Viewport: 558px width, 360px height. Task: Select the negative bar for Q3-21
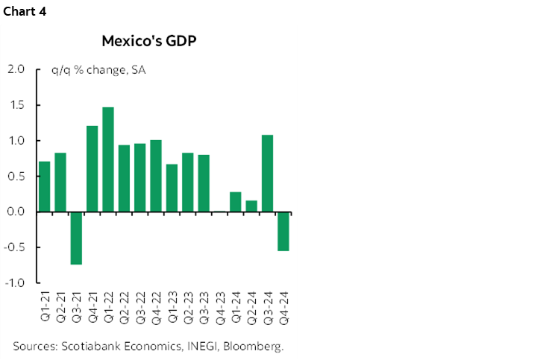[x=76, y=238]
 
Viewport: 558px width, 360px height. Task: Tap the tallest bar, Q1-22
[x=108, y=160]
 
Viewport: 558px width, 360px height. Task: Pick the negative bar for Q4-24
[x=283, y=231]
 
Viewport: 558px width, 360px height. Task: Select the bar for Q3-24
[x=268, y=173]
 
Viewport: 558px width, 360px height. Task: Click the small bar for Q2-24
[x=251, y=206]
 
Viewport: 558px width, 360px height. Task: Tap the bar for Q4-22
[x=156, y=176]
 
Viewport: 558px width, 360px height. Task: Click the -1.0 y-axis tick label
[x=15, y=283]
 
